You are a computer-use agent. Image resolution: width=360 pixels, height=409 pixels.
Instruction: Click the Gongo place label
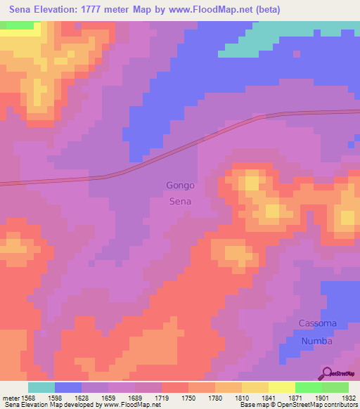(x=180, y=186)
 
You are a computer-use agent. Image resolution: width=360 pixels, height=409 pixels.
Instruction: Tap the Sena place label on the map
(x=180, y=201)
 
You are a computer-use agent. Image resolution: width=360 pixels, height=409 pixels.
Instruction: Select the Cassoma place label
(x=318, y=323)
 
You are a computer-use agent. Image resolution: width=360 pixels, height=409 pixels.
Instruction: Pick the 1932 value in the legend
(x=348, y=398)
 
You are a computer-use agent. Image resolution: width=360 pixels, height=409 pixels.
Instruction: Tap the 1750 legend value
(x=188, y=398)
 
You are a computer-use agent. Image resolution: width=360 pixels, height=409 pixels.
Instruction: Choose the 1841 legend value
(x=268, y=398)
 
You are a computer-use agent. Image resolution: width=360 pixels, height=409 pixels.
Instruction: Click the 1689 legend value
(x=135, y=398)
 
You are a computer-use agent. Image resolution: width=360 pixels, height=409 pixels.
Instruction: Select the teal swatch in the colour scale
(x=41, y=387)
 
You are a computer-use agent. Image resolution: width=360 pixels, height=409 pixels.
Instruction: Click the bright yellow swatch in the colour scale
(x=281, y=387)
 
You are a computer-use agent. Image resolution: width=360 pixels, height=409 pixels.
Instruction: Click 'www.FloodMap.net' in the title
(x=223, y=9)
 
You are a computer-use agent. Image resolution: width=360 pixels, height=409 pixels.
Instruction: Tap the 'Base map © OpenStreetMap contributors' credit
(x=297, y=405)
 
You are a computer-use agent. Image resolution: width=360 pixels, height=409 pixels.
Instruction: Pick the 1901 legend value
(x=321, y=398)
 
